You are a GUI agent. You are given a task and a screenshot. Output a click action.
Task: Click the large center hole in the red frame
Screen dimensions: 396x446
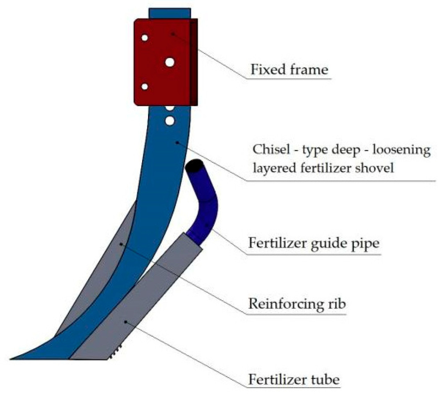170,62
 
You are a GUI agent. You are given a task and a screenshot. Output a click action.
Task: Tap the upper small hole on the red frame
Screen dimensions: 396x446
145,38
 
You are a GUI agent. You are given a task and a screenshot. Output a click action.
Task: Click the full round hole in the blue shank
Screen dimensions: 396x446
170,121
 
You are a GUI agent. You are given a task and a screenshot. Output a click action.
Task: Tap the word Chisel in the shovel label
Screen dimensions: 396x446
268,150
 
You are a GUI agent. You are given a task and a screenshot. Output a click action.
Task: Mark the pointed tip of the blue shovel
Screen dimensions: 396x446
12,358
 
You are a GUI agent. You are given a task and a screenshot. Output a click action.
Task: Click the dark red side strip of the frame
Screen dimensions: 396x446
194,62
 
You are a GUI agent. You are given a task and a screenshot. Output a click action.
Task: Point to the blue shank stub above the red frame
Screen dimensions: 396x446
169,13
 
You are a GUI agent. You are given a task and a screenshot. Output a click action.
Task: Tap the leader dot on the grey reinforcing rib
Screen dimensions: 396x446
121,244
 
